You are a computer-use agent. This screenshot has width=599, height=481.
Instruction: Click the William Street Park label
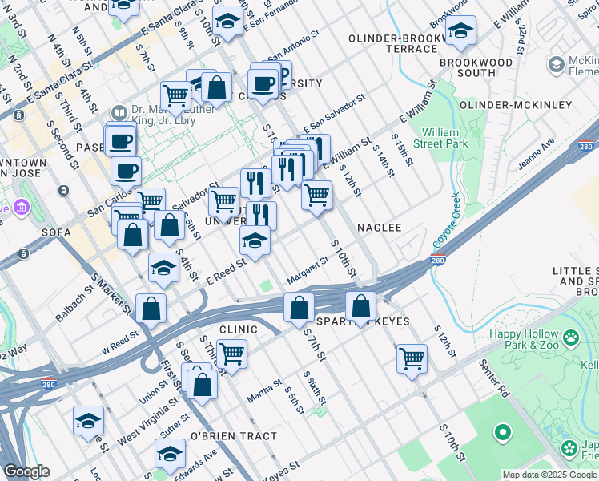coord(445,138)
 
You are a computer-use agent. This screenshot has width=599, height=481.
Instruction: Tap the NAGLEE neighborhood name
coord(379,228)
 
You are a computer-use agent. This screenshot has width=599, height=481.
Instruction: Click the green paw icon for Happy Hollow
coord(571,338)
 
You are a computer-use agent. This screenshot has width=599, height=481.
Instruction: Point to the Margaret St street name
coord(308,270)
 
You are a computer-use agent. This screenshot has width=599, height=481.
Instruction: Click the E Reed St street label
coord(226,271)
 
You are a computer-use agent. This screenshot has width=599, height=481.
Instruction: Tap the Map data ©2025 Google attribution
coord(549,475)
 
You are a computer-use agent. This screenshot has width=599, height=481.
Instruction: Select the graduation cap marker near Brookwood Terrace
coord(460,31)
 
